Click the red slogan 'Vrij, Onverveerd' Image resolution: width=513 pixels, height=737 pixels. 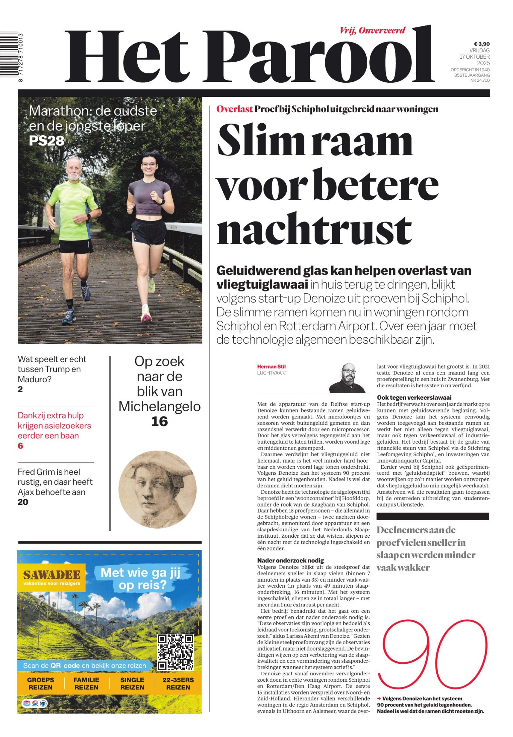372,31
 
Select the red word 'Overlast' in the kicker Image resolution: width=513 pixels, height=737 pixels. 234,109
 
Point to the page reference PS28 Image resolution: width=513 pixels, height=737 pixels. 47,141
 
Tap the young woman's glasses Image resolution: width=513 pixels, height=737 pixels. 149,165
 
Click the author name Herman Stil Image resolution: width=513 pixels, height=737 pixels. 271,366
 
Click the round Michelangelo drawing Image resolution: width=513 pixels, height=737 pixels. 157,489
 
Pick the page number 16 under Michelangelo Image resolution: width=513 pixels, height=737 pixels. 159,421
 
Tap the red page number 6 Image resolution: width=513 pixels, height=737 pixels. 20,446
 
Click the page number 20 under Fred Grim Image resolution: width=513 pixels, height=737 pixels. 23,502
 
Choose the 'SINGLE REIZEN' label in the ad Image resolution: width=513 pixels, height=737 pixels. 132,683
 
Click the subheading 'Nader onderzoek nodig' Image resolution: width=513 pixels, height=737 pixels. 290,560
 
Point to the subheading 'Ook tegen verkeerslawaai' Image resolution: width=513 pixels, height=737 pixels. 414,397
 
